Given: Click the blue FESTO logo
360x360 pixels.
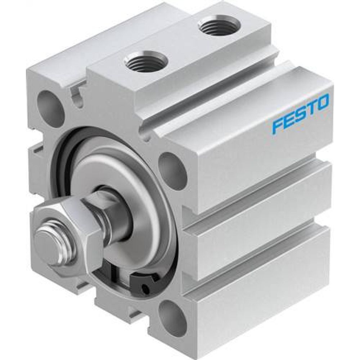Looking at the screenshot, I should [300, 113].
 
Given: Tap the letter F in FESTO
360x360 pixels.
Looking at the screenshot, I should [278, 126].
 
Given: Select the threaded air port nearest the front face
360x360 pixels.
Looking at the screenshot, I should [146, 62].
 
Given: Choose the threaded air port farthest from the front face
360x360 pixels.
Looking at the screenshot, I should [219, 26].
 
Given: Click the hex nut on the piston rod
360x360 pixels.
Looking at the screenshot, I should [68, 238].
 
